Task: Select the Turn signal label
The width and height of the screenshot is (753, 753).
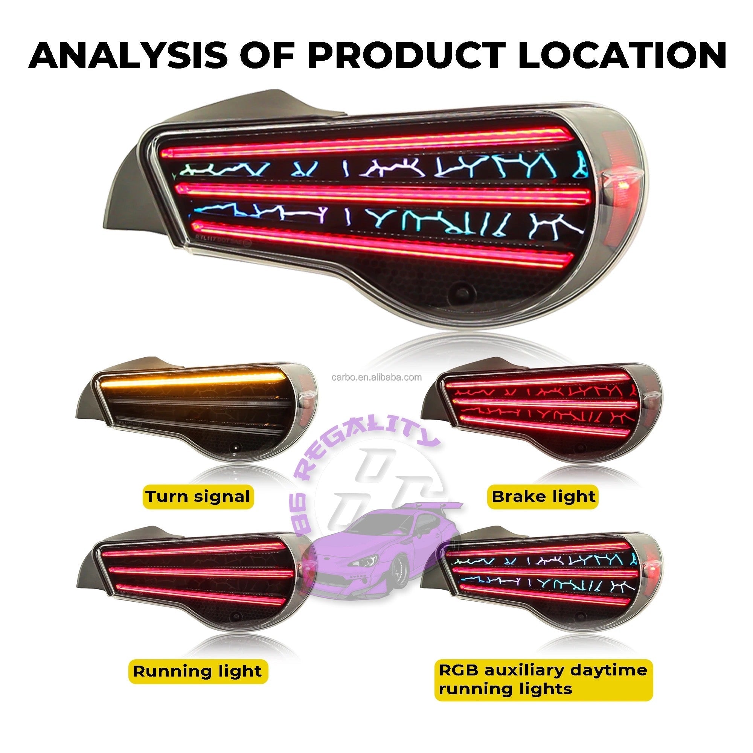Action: (x=198, y=497)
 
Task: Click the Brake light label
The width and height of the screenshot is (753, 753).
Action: (x=543, y=497)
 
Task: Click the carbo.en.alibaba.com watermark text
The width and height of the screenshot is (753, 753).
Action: (x=376, y=377)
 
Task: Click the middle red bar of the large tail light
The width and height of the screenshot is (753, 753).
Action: (x=382, y=193)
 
